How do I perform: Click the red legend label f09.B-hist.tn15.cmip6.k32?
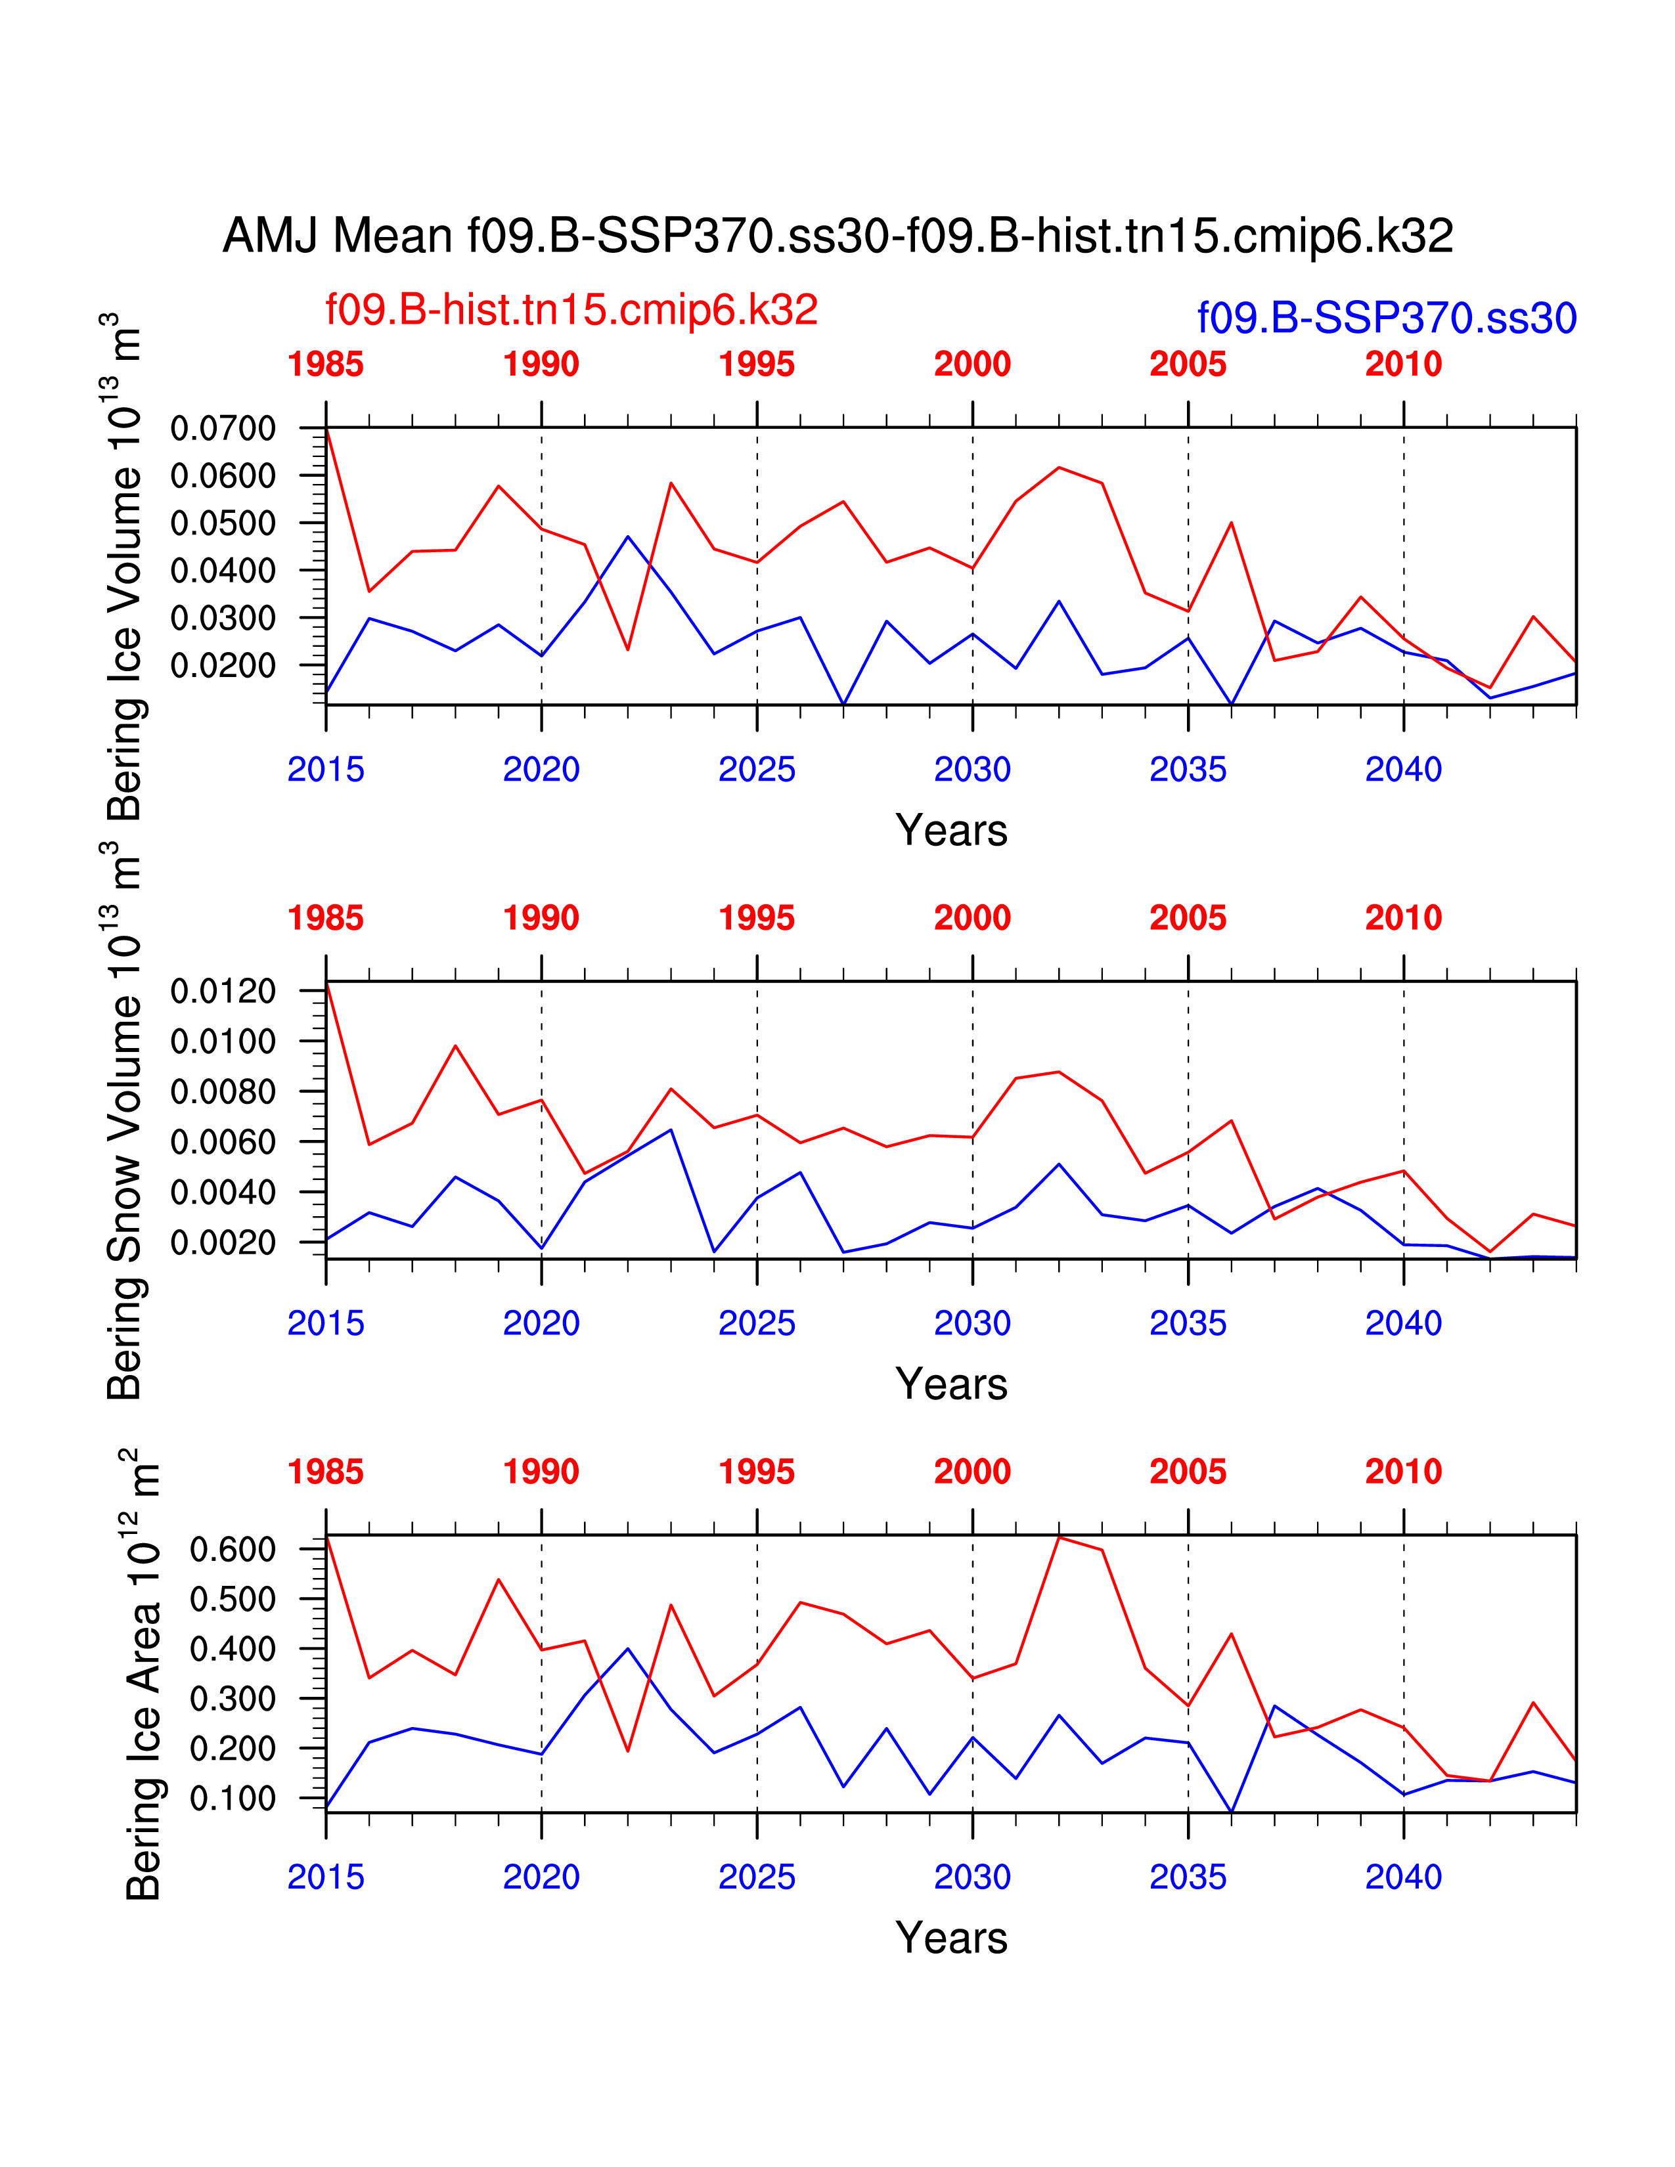(x=571, y=309)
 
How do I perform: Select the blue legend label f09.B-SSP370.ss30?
(x=1386, y=318)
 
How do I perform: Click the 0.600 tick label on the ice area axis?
(x=232, y=1549)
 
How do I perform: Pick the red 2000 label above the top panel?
(x=971, y=364)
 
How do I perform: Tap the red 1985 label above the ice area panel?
(x=325, y=1472)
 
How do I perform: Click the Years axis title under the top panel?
(x=950, y=829)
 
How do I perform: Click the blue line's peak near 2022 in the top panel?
(x=627, y=536)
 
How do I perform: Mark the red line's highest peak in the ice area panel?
(x=1059, y=1537)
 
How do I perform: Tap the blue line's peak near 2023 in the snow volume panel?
(x=671, y=1129)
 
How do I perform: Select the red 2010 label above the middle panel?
(x=1403, y=918)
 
